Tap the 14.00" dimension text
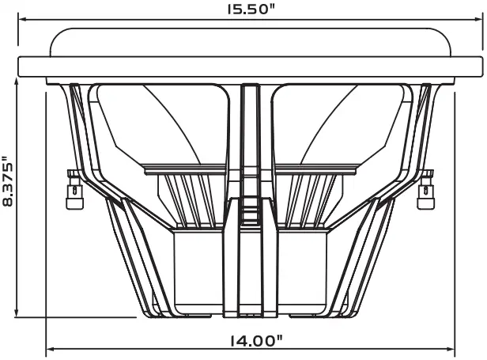[x=255, y=342]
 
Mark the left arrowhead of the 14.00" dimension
[x=51, y=347]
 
